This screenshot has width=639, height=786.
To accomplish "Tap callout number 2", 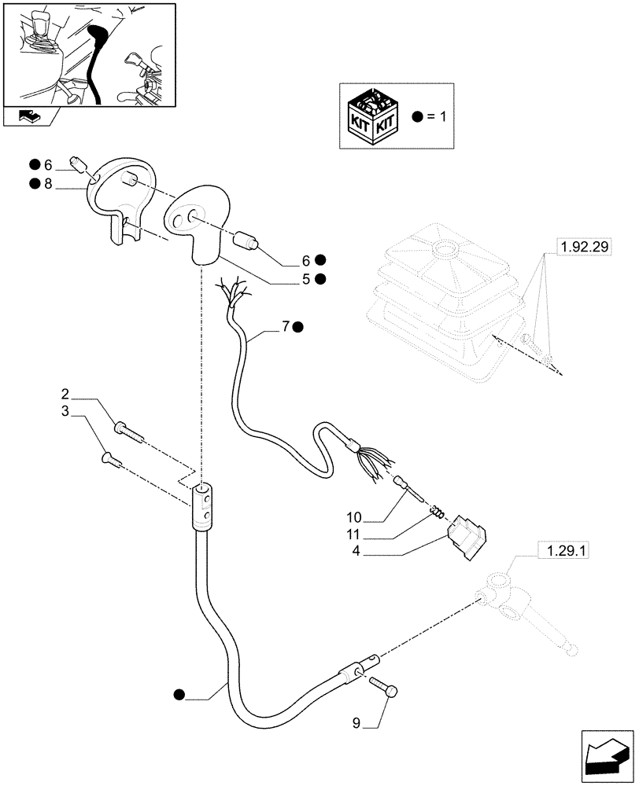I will tap(67, 392).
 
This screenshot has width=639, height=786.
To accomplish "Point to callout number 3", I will tap(67, 411).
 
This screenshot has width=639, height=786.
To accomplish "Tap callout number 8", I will tap(47, 184).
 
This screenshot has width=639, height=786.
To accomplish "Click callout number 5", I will tap(306, 278).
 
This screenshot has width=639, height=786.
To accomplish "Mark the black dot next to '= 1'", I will tap(417, 117).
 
